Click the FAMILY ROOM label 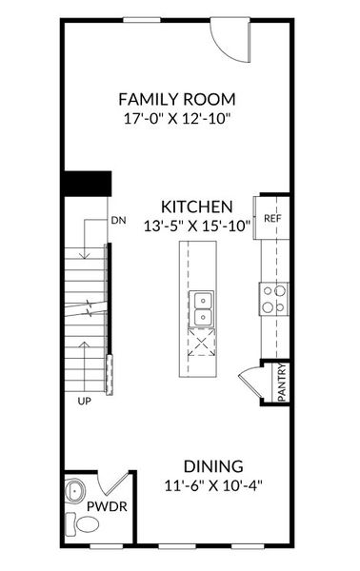176,99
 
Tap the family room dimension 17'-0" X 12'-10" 176,121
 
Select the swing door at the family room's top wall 229,37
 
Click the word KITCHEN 197,206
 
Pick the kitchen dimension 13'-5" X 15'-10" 197,226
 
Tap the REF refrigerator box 272,218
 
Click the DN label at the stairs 118,221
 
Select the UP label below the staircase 84,402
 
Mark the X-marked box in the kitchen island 202,342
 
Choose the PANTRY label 283,384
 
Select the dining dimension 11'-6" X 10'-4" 213,485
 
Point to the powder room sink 76,493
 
